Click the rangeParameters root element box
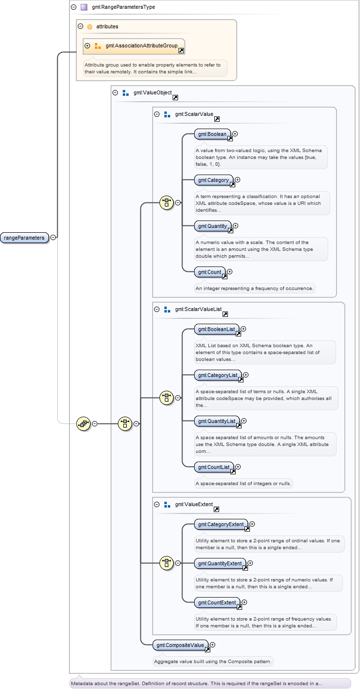[x=24, y=238]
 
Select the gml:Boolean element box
[x=212, y=134]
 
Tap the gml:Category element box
[x=214, y=180]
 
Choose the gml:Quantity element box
[x=213, y=226]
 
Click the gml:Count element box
[x=210, y=272]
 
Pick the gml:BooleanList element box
[x=217, y=329]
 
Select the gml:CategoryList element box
[x=218, y=375]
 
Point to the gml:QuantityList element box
[x=217, y=421]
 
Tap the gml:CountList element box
[x=214, y=467]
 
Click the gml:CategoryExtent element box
[x=221, y=524]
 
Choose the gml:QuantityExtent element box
[x=220, y=563]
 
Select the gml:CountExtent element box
[x=217, y=602]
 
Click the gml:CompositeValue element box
[x=180, y=645]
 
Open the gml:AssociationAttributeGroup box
[x=134, y=46]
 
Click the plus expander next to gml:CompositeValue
[x=212, y=645]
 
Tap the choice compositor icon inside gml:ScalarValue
[x=166, y=202]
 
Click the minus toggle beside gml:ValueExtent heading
[x=157, y=504]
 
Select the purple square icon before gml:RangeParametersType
[x=84, y=7]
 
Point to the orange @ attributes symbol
[x=90, y=27]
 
